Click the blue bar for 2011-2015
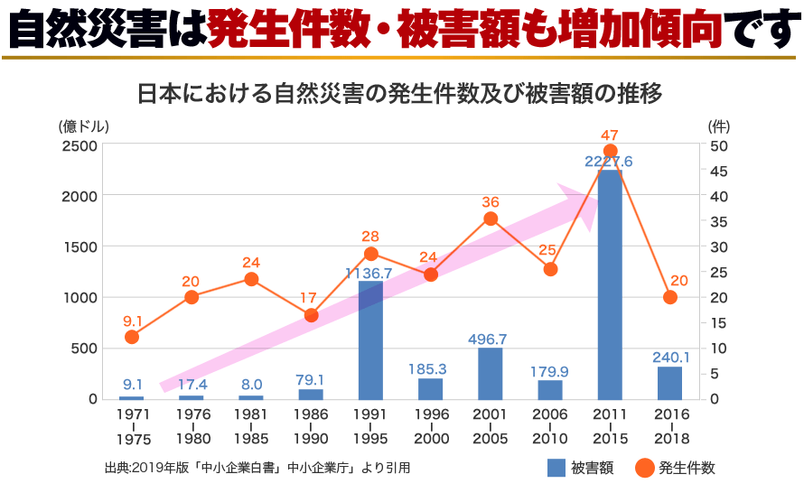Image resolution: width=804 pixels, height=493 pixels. [x=610, y=284]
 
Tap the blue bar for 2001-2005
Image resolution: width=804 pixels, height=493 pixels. [x=490, y=373]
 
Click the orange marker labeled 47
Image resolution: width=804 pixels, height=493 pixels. [x=610, y=152]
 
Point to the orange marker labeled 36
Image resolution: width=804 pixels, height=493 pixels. [x=491, y=219]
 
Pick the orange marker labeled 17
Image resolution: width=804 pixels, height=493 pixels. [x=311, y=315]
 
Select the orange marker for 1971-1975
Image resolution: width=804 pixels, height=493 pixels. [x=132, y=337]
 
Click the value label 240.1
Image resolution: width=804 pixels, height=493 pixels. [x=670, y=357]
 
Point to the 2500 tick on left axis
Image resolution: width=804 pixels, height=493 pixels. [x=80, y=145]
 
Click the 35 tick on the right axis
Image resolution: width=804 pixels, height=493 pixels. [x=712, y=222]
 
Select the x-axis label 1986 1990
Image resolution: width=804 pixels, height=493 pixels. [x=311, y=426]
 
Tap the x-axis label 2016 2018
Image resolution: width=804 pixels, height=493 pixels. [x=669, y=426]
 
